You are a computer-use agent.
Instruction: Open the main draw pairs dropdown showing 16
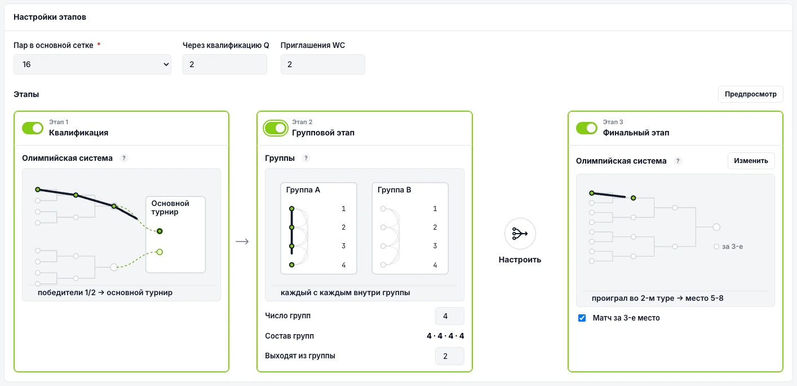pyautogui.click(x=92, y=64)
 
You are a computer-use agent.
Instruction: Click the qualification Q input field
pyautogui.click(x=224, y=64)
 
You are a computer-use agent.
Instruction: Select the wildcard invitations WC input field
pyautogui.click(x=323, y=64)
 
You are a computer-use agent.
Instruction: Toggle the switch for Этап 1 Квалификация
pyautogui.click(x=32, y=128)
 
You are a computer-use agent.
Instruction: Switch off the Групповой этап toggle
pyautogui.click(x=276, y=128)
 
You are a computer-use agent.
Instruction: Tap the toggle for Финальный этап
pyautogui.click(x=586, y=128)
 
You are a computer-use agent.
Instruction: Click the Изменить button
pyautogui.click(x=751, y=161)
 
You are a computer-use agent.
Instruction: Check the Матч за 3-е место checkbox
pyautogui.click(x=582, y=318)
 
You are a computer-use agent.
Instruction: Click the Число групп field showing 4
pyautogui.click(x=449, y=316)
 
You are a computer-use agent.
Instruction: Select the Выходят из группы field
pyautogui.click(x=449, y=356)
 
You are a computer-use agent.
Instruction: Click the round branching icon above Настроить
pyautogui.click(x=520, y=234)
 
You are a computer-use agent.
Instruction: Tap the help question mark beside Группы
pyautogui.click(x=305, y=158)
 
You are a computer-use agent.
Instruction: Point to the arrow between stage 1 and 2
pyautogui.click(x=242, y=242)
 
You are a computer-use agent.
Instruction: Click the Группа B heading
pyautogui.click(x=394, y=190)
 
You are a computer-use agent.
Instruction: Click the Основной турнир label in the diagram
pyautogui.click(x=170, y=208)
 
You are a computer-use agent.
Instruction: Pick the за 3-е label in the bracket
pyautogui.click(x=732, y=247)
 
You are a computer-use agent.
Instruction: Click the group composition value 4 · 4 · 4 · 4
pyautogui.click(x=445, y=336)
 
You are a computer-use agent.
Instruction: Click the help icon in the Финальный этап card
pyautogui.click(x=678, y=161)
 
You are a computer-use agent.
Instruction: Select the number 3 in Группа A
pyautogui.click(x=343, y=246)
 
